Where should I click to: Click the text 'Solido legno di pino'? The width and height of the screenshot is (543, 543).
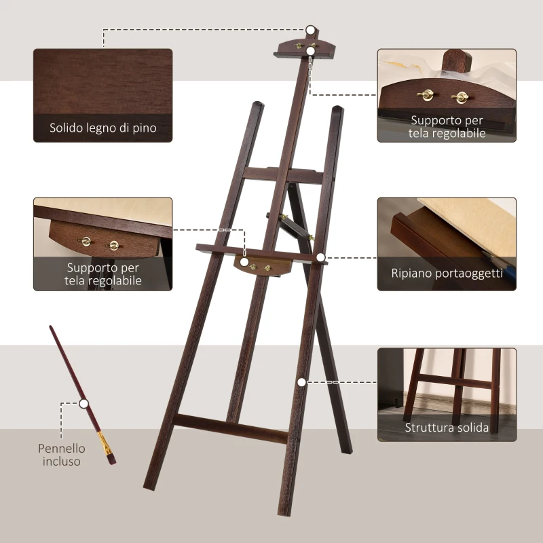[x=103, y=128]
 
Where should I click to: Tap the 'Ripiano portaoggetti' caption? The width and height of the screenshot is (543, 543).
[x=447, y=274]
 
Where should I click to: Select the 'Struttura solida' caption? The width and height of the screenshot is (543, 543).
[x=447, y=428]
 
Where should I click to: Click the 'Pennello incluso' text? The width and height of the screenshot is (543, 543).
[x=62, y=455]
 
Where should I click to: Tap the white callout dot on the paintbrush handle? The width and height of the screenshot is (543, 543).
[x=84, y=403]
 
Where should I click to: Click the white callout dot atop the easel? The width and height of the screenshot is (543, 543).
[x=310, y=31]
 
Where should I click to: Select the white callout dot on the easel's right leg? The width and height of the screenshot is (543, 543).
[x=301, y=382]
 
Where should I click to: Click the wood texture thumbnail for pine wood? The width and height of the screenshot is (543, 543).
[x=103, y=81]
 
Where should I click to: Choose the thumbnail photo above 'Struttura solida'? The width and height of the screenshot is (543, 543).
[x=447, y=383]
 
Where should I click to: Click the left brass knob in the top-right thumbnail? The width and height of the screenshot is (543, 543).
[x=427, y=95]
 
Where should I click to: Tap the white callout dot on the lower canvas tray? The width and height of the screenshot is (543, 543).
[x=243, y=261]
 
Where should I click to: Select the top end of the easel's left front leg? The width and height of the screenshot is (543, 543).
[x=256, y=107]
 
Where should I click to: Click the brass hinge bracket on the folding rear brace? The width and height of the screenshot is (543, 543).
[x=311, y=237]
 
